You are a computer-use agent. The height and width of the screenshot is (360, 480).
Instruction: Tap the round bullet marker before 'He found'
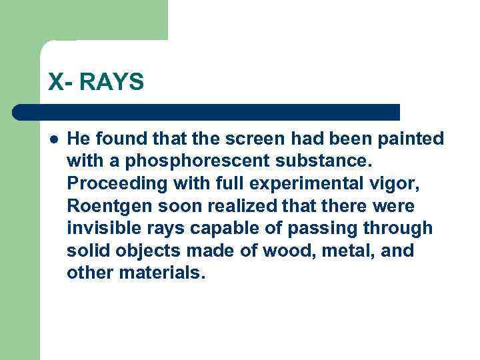[53, 139]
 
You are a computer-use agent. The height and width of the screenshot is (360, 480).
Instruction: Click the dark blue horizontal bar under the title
[207, 112]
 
